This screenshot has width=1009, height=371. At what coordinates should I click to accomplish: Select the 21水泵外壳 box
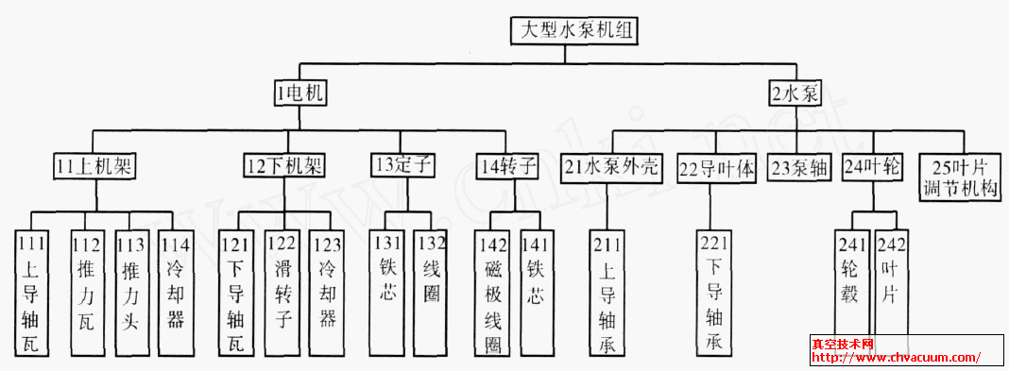point(613,167)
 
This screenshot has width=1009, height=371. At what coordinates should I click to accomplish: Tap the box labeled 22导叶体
point(717,168)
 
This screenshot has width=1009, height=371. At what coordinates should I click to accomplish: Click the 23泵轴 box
point(796,167)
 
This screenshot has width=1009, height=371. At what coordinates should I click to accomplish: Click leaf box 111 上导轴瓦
point(30,293)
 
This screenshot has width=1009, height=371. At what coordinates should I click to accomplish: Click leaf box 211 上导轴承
point(607,293)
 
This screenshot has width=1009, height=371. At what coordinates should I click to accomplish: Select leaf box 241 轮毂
point(850,283)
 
